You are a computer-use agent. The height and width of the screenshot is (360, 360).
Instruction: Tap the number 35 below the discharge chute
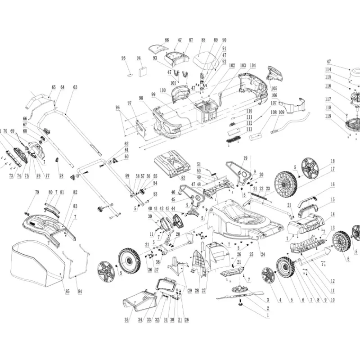127,320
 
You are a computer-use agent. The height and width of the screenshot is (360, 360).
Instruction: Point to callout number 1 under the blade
268,315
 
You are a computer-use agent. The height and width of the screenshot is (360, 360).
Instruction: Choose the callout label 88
203,40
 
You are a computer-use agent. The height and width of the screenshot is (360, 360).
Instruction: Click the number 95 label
124,58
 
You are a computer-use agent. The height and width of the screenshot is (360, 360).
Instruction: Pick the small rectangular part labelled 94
144,71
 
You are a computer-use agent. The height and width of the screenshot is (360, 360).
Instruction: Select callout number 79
37,193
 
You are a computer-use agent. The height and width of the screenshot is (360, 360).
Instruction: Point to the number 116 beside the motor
328,85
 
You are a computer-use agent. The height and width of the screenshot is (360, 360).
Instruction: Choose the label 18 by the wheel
333,161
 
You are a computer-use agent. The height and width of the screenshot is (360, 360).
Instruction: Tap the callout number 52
183,178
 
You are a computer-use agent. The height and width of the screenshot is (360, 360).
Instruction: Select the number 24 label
263,254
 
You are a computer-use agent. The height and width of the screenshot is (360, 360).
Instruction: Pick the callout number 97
130,103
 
